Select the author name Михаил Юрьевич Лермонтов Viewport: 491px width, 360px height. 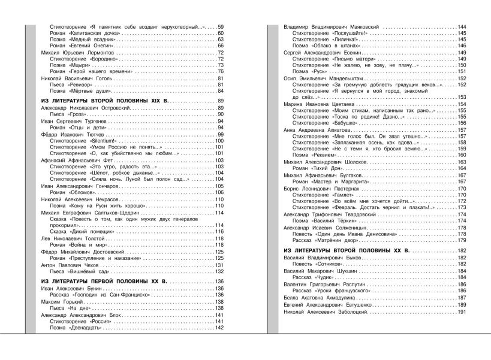click(x=70, y=53)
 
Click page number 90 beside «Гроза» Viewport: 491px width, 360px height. click(x=220, y=114)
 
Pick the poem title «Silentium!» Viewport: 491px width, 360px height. click(x=112, y=141)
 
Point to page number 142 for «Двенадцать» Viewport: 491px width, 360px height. click(x=218, y=328)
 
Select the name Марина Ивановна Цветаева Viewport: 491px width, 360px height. click(x=313, y=105)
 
